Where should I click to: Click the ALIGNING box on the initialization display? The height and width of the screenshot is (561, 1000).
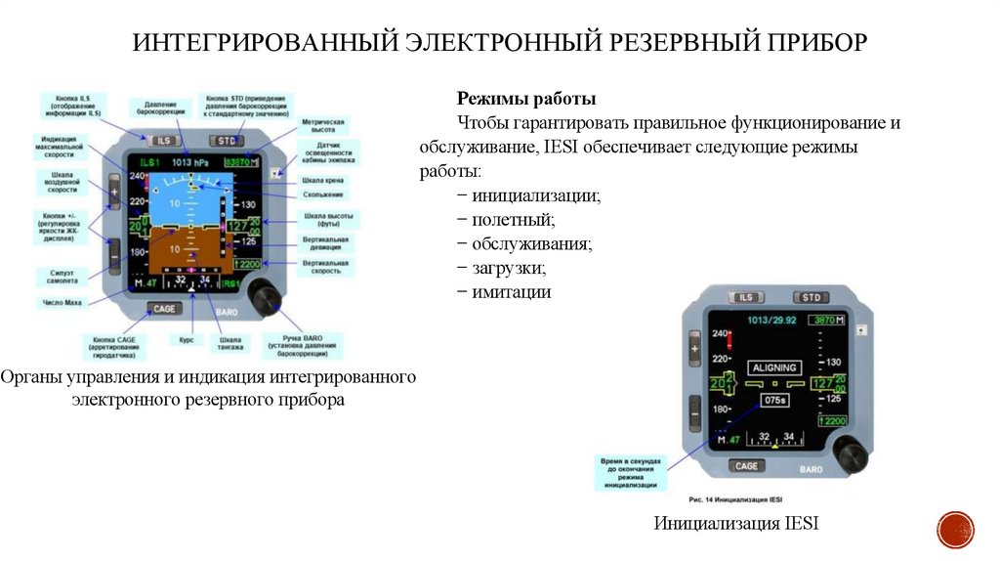(774, 368)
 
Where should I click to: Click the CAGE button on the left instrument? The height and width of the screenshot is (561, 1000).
(165, 309)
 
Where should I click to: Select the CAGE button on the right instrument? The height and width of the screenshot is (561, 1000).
(746, 466)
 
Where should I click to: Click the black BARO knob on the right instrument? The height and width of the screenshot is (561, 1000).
(850, 454)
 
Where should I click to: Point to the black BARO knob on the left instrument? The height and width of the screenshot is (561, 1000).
(263, 296)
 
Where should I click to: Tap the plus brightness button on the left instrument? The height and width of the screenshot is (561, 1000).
(114, 193)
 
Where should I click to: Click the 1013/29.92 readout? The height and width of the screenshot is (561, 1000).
(771, 320)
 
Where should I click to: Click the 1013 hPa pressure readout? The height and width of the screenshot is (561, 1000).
(189, 162)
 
